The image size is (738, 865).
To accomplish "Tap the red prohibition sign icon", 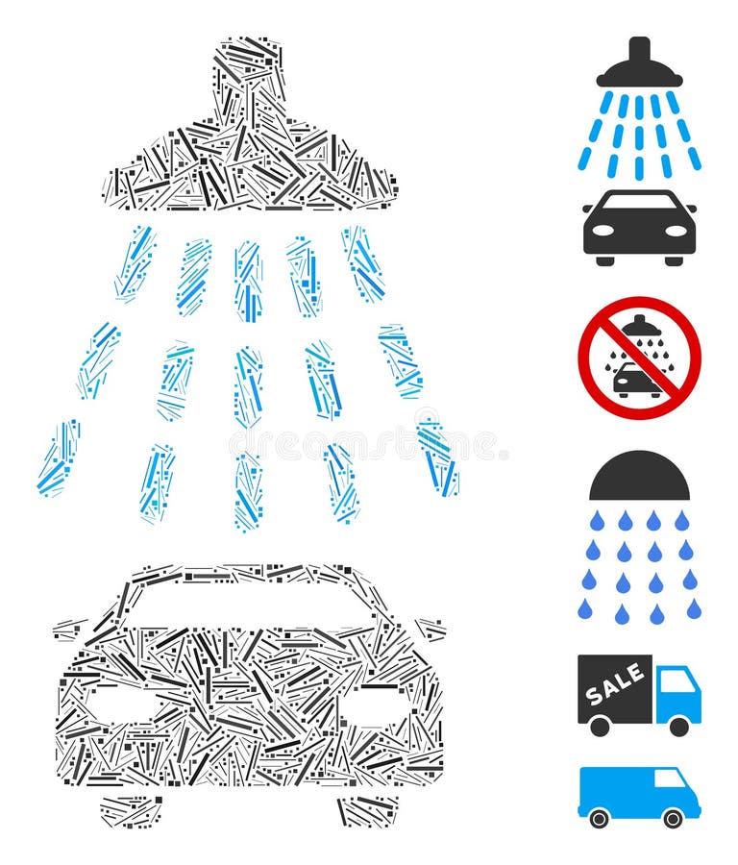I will (639, 358).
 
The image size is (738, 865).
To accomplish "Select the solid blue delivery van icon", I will (639, 794).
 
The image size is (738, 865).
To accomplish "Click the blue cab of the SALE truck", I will (678, 694).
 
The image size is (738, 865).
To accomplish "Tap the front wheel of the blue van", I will (673, 818).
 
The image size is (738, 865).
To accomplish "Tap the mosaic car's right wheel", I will (366, 811).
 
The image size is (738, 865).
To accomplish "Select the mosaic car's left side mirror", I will (70, 630).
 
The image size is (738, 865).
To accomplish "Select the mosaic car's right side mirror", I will (430, 629).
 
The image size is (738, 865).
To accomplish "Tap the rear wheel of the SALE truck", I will (600, 727).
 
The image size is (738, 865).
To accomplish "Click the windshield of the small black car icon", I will (639, 203).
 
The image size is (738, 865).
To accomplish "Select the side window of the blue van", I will (670, 778).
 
